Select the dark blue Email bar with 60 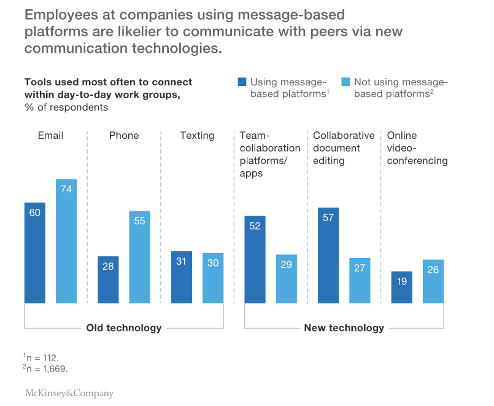point(35,252)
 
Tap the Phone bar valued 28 point(108,279)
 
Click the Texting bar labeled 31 point(182,277)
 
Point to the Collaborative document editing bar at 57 point(328,255)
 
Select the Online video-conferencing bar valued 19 point(402,287)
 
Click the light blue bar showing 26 point(433,281)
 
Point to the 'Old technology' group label point(123,328)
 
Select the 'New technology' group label point(344,328)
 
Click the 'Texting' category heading point(197,135)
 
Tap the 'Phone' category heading point(124,135)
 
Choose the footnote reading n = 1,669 point(47,369)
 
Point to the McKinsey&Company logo point(69,393)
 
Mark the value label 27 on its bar point(360,268)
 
